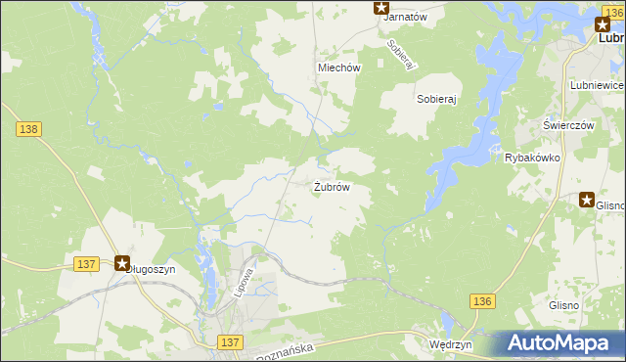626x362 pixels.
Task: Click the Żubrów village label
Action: pyautogui.click(x=332, y=186)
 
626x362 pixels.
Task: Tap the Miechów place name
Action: pyautogui.click(x=339, y=68)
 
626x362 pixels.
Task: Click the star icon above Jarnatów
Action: pyautogui.click(x=381, y=7)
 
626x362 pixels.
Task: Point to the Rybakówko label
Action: pyautogui.click(x=531, y=157)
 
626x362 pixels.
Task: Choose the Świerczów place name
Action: pyautogui.click(x=569, y=125)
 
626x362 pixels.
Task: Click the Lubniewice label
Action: pyautogui.click(x=596, y=86)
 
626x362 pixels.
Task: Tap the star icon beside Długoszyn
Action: pyautogui.click(x=122, y=262)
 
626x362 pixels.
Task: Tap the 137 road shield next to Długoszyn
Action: pyautogui.click(x=86, y=264)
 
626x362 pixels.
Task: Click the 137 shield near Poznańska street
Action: pyautogui.click(x=230, y=340)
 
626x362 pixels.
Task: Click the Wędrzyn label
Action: pyautogui.click(x=451, y=345)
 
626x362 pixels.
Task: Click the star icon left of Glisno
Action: pyautogui.click(x=587, y=200)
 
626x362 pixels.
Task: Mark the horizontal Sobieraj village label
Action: pyautogui.click(x=437, y=100)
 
